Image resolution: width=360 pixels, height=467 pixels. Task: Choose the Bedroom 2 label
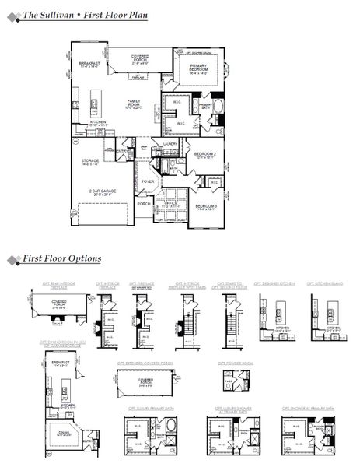point(205,155)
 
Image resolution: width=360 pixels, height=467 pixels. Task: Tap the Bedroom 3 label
point(205,206)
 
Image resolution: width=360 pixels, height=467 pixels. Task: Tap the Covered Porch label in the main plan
point(141,58)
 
